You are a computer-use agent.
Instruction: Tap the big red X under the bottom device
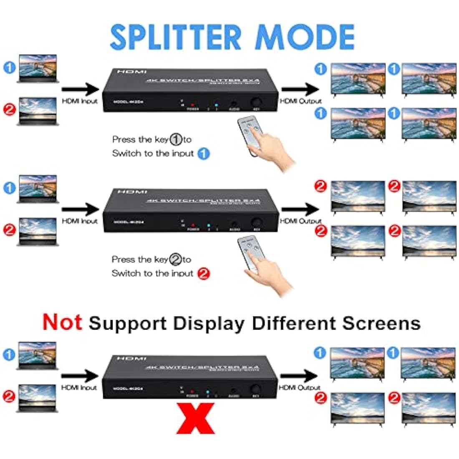tap(195, 419)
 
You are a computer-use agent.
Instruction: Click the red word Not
tap(62, 322)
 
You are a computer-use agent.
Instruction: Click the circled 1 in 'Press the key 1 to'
tap(176, 140)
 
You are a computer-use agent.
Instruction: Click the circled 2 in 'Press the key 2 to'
tap(175, 260)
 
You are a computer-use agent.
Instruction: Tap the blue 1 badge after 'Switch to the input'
tap(203, 154)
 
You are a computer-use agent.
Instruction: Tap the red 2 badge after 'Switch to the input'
tap(203, 274)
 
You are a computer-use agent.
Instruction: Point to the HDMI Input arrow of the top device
tap(80, 88)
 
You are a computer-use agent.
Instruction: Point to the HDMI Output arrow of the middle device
tap(300, 209)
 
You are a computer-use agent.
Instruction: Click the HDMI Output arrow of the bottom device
tap(299, 376)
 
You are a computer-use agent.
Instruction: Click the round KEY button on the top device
tap(255, 102)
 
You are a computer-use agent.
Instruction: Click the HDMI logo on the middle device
tap(132, 192)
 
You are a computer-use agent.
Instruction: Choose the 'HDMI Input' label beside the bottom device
tap(79, 388)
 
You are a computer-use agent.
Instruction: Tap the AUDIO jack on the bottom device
tap(232, 392)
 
